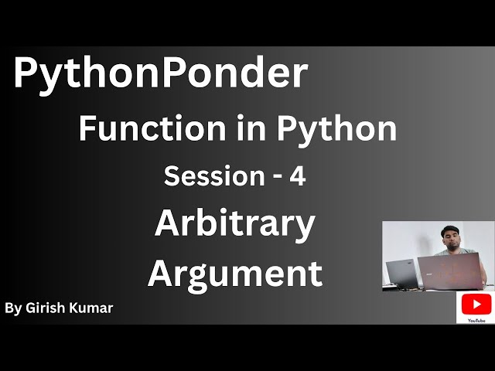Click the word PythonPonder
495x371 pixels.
click(160, 74)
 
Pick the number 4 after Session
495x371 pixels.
click(297, 176)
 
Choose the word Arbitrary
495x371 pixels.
click(234, 225)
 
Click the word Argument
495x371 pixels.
click(234, 274)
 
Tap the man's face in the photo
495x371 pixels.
click(449, 235)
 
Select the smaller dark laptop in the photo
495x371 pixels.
click(402, 273)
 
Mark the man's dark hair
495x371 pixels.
click(449, 226)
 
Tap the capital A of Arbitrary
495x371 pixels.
click(168, 225)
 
